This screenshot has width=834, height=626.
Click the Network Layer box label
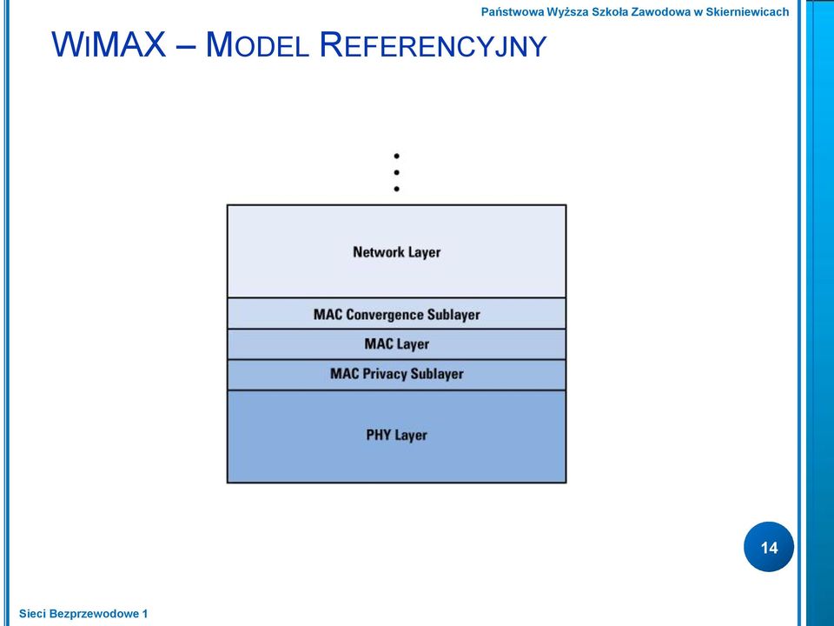coord(397,252)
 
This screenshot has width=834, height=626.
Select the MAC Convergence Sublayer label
coord(397,315)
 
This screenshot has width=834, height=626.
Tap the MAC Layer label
coord(397,344)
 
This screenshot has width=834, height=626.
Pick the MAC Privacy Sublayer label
coord(397,374)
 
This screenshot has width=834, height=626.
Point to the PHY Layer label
coord(397,436)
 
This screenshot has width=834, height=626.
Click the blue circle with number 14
coord(769,547)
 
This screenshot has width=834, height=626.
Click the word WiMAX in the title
coord(109,44)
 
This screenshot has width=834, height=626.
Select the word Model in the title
coord(257,44)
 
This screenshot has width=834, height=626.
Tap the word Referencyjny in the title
coord(433,45)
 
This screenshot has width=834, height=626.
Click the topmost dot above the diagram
coord(397,156)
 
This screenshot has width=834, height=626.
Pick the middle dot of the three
coord(397,172)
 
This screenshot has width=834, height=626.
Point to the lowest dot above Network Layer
coord(397,189)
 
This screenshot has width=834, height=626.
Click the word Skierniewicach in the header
coord(747,11)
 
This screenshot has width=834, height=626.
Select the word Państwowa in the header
coord(513,12)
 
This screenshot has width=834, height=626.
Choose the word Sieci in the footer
coord(32,614)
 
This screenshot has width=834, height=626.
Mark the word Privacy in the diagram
coord(385,374)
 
